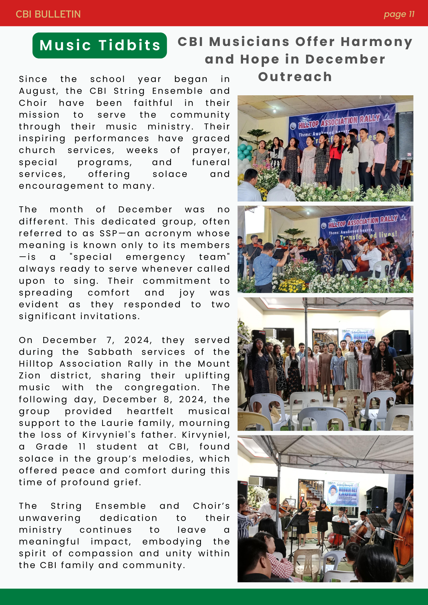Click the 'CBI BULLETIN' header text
[48, 14]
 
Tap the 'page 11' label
[399, 14]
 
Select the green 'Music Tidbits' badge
[100, 45]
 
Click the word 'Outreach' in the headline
[295, 77]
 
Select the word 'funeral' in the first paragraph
[211, 162]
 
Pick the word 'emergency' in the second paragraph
[155, 257]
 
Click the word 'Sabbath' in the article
[110, 352]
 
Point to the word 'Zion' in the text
[30, 376]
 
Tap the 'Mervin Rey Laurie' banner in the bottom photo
[343, 494]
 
